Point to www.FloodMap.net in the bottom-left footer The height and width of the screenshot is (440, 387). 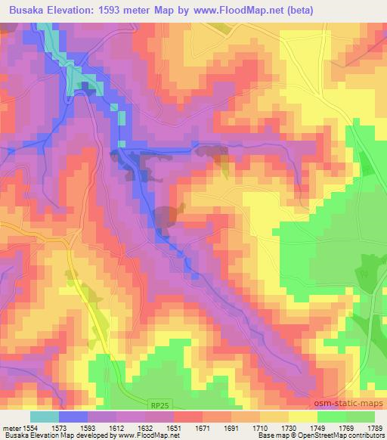point(150,435)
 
